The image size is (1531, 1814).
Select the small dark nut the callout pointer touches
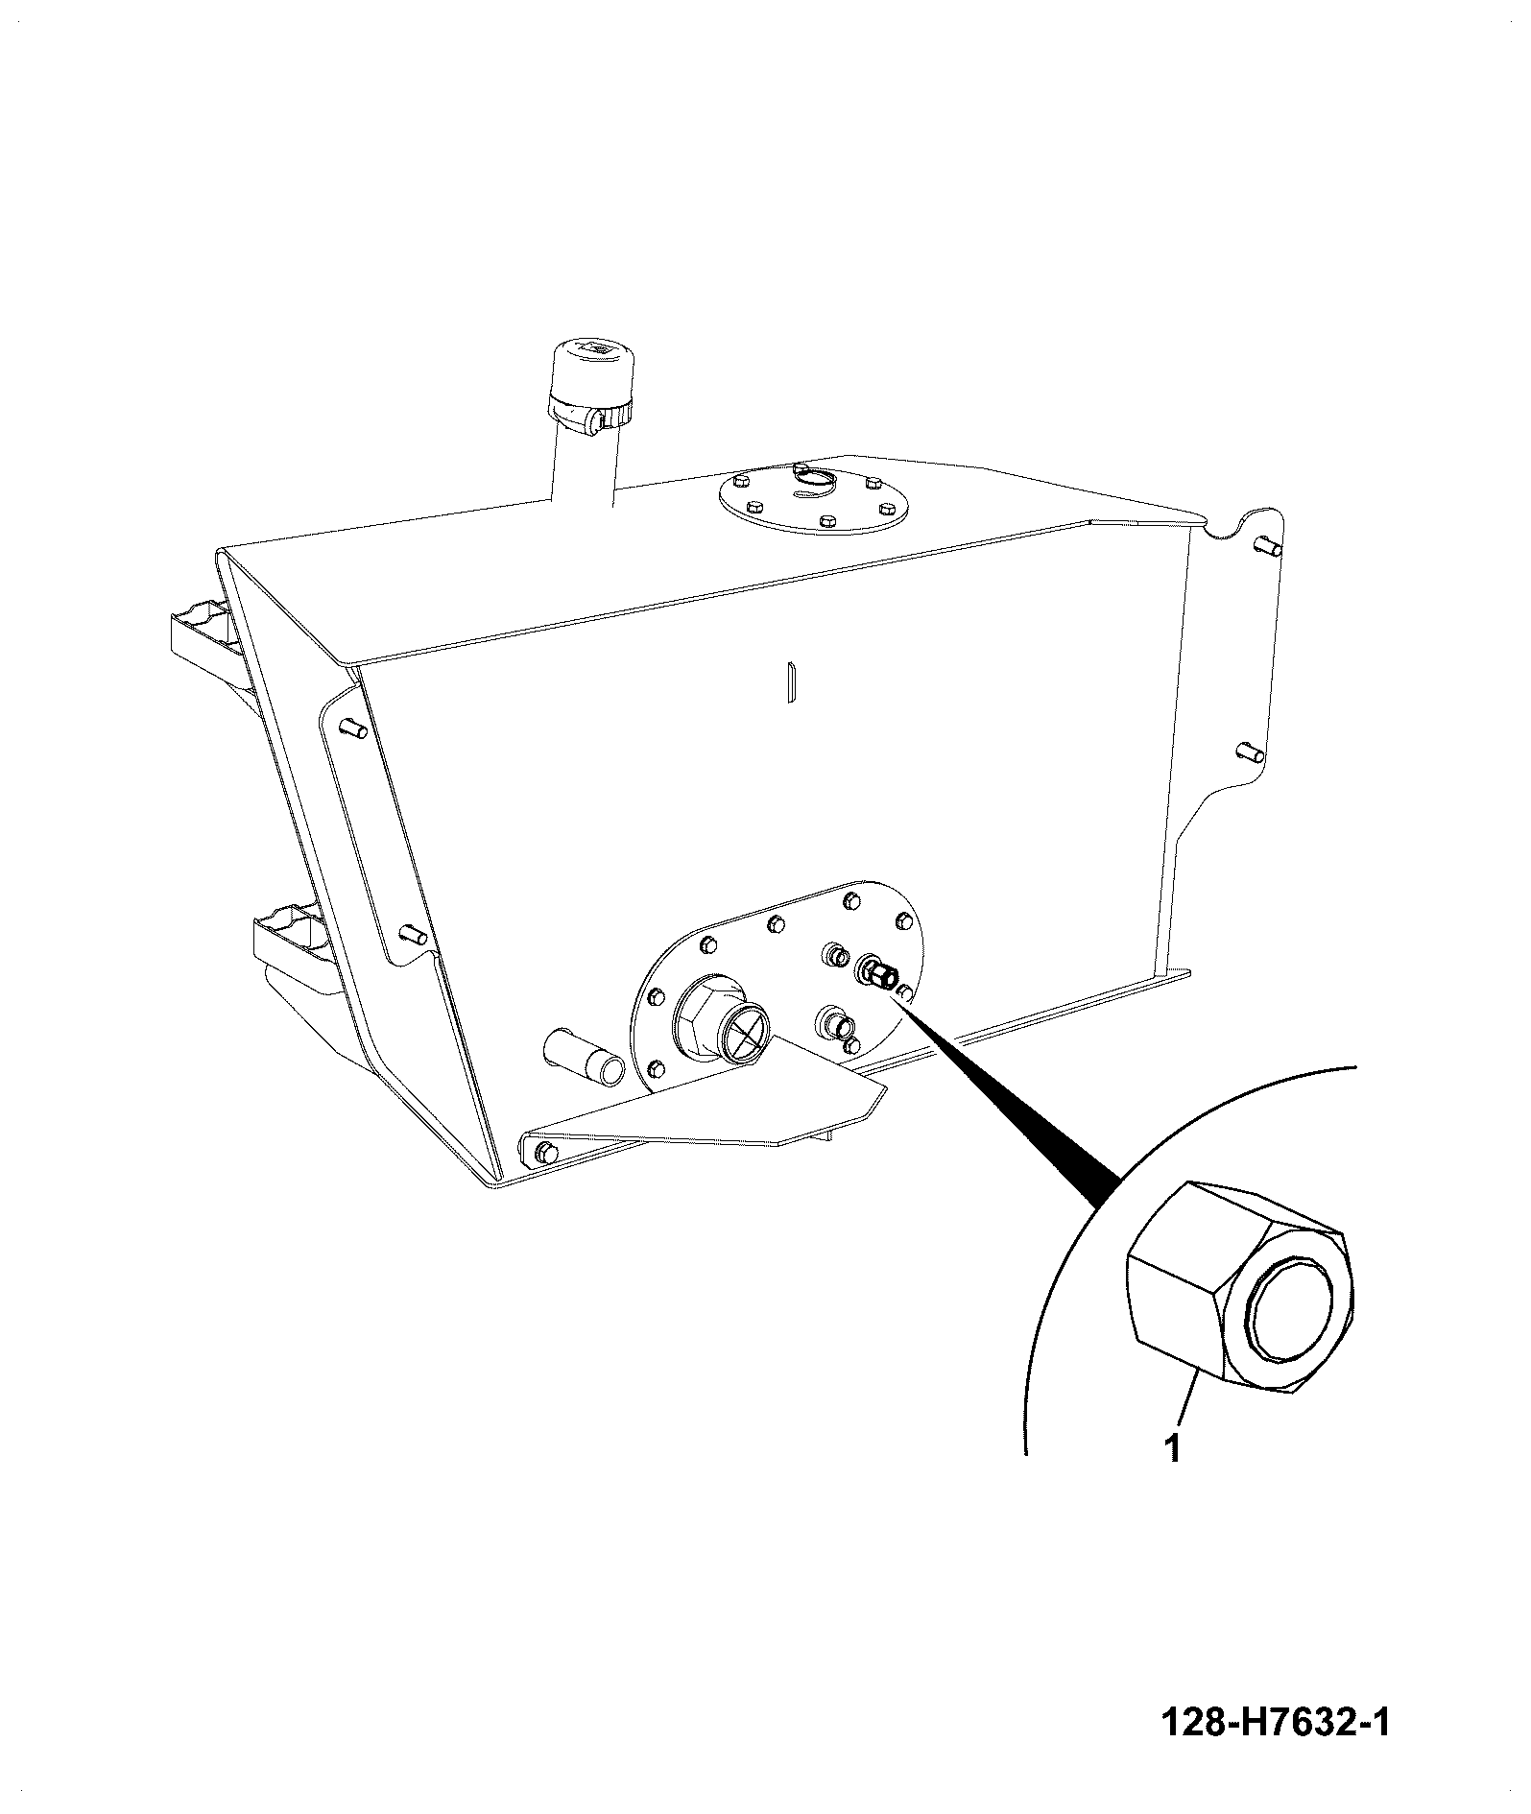880,974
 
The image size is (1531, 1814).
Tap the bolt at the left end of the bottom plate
544,1152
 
